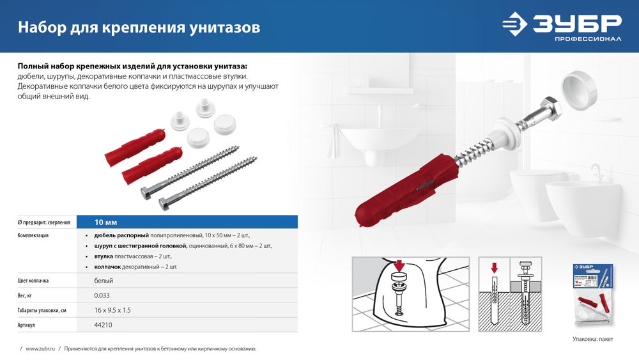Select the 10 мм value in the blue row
106,222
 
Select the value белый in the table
104,281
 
